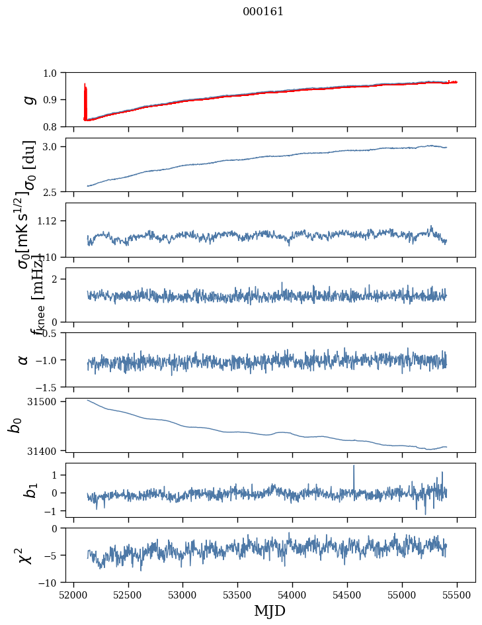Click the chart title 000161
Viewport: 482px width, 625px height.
(263, 11)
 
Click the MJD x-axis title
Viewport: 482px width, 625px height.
(270, 610)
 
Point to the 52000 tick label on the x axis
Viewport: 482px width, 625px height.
(73, 595)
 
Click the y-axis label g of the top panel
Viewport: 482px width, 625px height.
(28, 99)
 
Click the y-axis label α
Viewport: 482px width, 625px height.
(24, 360)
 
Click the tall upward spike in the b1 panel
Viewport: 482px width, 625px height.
(354, 467)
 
